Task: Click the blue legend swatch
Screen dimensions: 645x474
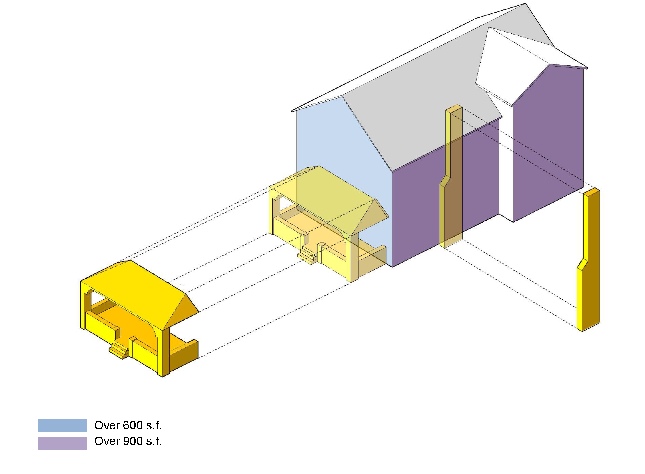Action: tap(62, 425)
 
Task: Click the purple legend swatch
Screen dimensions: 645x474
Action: tap(62, 443)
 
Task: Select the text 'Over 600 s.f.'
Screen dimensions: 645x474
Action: tap(128, 425)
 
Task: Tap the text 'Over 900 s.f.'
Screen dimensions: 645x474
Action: tap(128, 441)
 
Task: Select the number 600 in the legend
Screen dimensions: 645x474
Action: tap(133, 425)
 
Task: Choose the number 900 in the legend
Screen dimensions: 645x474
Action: tap(133, 441)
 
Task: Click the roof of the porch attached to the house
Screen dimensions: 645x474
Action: tap(325, 192)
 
